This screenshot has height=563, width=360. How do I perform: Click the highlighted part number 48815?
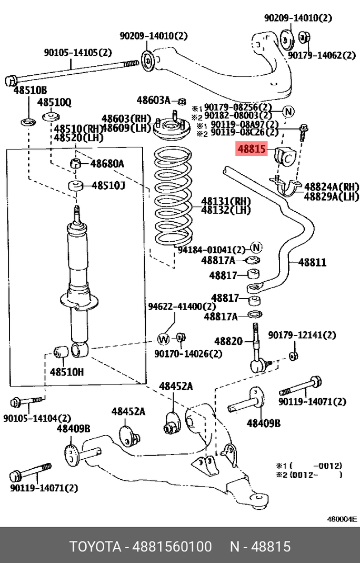[x=253, y=150]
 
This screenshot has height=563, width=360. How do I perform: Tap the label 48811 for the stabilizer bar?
[x=313, y=262]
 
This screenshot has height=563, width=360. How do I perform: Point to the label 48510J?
[x=109, y=185]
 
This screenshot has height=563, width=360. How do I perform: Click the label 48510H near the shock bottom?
[x=67, y=372]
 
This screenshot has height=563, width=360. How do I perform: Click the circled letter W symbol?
[x=163, y=338]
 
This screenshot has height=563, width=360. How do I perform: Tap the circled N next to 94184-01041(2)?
[x=255, y=248]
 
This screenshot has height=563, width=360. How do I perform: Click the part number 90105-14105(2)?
[x=78, y=52]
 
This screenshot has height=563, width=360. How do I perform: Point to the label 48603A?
[x=153, y=100]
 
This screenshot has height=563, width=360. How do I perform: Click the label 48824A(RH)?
[x=331, y=186]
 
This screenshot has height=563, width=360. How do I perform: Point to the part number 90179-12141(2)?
[x=302, y=335]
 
